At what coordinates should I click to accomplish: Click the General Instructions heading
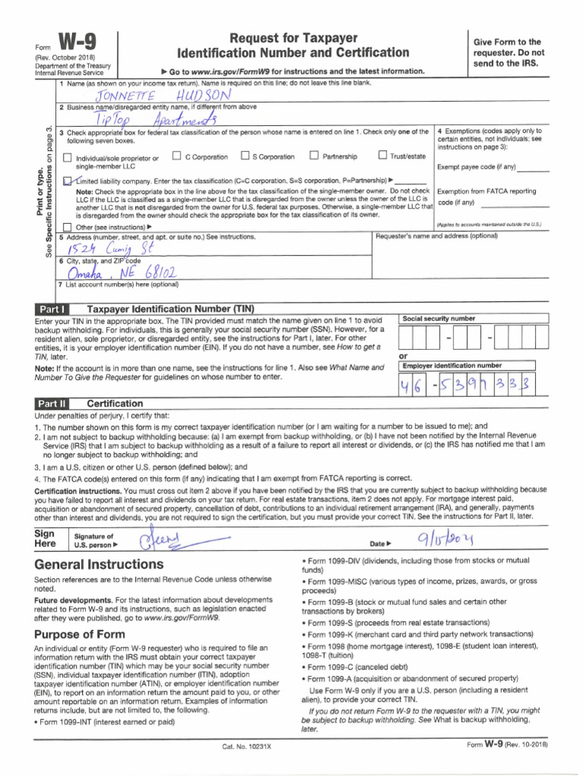[x=99, y=565]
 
